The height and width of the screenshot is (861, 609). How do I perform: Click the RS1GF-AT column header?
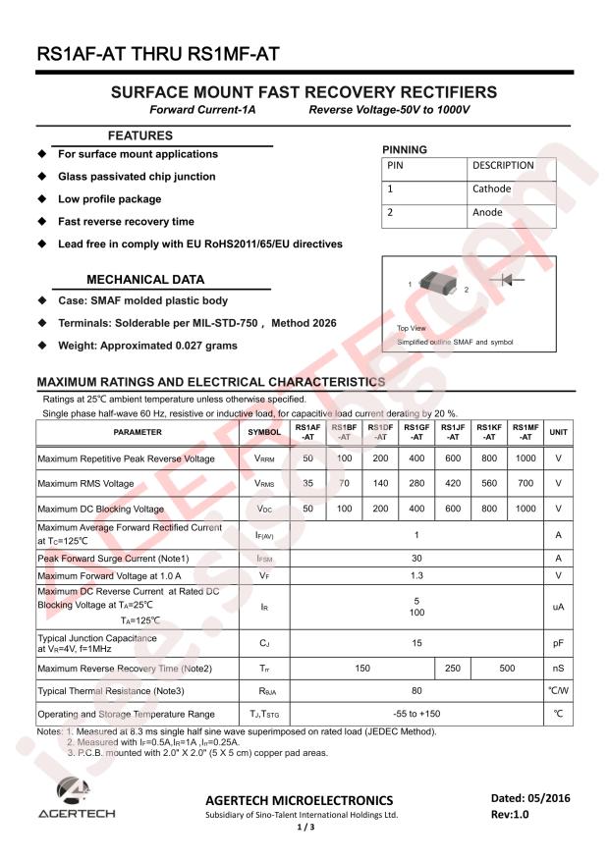(x=416, y=432)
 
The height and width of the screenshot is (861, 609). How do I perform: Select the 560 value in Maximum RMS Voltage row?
(x=489, y=483)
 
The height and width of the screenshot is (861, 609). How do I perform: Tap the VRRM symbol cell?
(x=264, y=458)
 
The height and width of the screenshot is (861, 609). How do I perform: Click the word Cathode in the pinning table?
(x=492, y=188)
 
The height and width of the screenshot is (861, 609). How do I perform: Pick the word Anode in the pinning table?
(x=487, y=212)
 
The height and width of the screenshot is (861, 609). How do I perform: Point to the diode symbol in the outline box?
(x=512, y=280)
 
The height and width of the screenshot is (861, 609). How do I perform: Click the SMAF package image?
(x=438, y=285)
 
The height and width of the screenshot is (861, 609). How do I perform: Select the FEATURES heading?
(x=139, y=135)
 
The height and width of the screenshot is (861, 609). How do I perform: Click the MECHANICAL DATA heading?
(x=145, y=280)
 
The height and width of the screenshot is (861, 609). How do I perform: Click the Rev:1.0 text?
(x=514, y=815)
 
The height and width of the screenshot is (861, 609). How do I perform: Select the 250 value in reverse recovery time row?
(x=453, y=669)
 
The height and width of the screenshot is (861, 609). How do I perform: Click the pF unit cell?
(x=558, y=644)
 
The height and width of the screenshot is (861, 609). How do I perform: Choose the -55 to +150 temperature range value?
(x=416, y=714)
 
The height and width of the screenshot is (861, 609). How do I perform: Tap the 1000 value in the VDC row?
(x=526, y=509)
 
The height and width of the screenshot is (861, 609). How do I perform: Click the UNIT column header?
(x=558, y=432)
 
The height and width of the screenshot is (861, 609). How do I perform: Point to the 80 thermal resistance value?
(x=416, y=691)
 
